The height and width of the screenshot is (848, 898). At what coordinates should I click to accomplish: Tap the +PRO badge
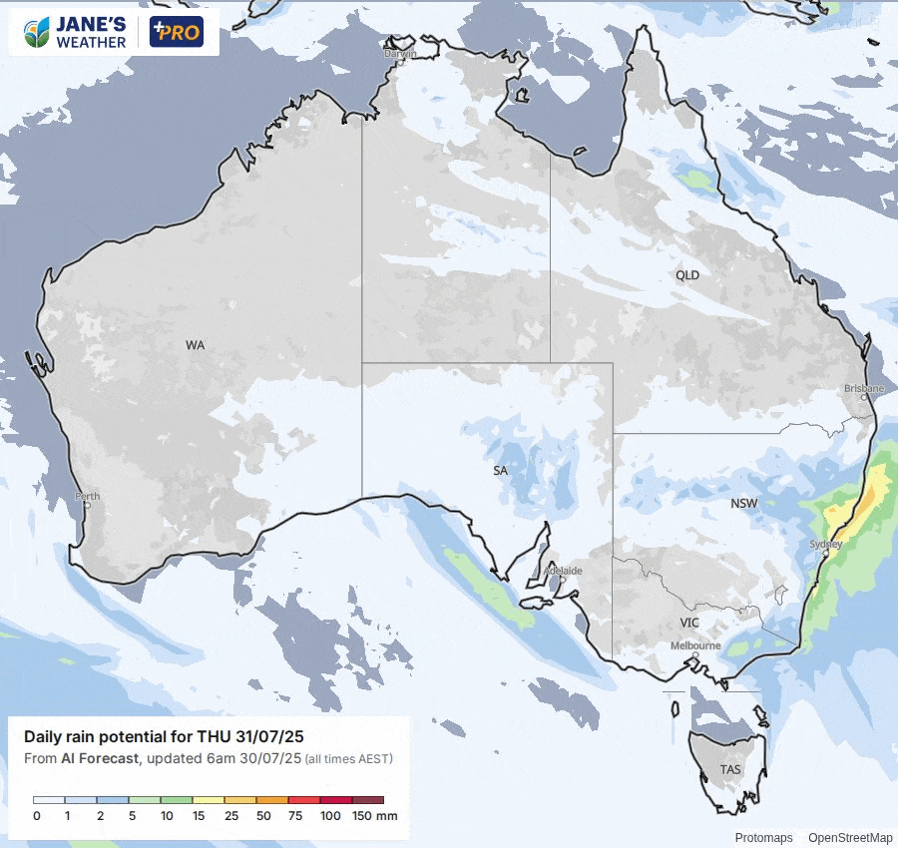pos(176,32)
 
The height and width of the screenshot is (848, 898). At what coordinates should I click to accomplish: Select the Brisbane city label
pos(864,388)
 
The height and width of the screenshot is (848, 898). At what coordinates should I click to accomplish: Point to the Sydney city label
pos(826,544)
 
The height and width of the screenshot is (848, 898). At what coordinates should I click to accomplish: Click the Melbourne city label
pos(695,645)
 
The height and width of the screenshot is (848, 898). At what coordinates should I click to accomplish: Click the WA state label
pos(195,345)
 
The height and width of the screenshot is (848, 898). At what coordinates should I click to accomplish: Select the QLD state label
pos(687,275)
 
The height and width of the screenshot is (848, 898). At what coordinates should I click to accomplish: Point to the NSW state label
pos(744,504)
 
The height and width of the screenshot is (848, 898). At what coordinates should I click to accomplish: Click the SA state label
pos(501,470)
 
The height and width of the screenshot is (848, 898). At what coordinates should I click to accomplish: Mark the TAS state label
pos(730,770)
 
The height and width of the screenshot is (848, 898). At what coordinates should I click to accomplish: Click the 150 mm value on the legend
pos(374,816)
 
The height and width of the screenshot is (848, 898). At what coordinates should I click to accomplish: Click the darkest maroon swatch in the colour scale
pos(368,800)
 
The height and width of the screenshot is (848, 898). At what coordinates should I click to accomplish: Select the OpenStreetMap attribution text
pos(850,838)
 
